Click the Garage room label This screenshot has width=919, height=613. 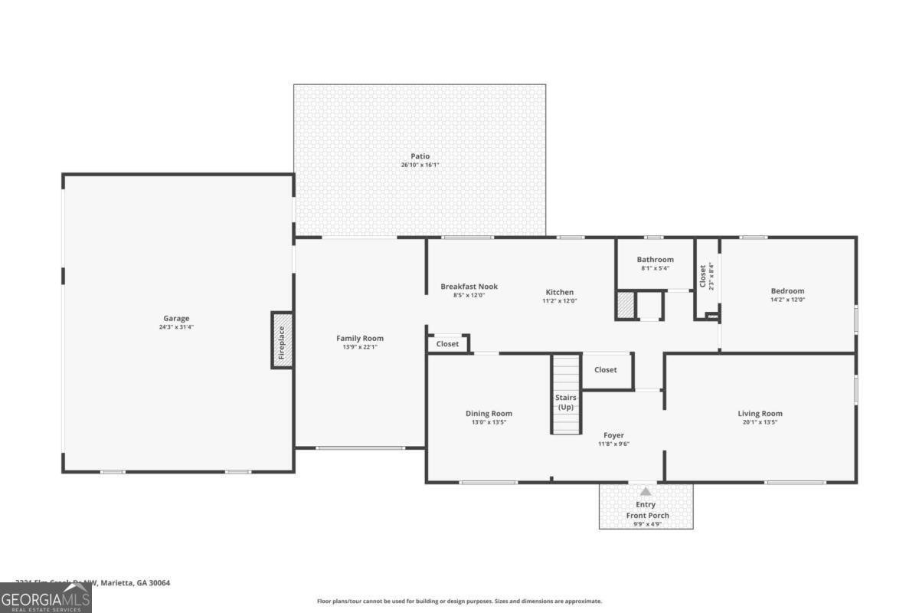point(175,318)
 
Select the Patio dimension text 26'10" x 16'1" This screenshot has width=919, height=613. point(420,165)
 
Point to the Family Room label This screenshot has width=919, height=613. point(360,338)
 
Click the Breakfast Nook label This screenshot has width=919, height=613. point(469,287)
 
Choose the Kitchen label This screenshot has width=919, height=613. point(559,292)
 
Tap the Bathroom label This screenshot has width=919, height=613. point(655,260)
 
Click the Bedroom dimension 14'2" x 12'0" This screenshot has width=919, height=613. point(787,300)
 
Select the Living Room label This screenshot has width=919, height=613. point(760,414)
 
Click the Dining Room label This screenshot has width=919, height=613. point(489,414)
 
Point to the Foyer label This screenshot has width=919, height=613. point(613,434)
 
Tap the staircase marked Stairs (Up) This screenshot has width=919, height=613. point(566,394)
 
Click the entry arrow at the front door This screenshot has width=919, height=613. point(646,492)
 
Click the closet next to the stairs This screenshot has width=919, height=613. point(605,369)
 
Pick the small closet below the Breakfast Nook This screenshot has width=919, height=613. point(448,344)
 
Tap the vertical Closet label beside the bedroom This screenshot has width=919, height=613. point(702,276)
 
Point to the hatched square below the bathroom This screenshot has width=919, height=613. point(625,305)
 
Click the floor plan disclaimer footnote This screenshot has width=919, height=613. point(459,602)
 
